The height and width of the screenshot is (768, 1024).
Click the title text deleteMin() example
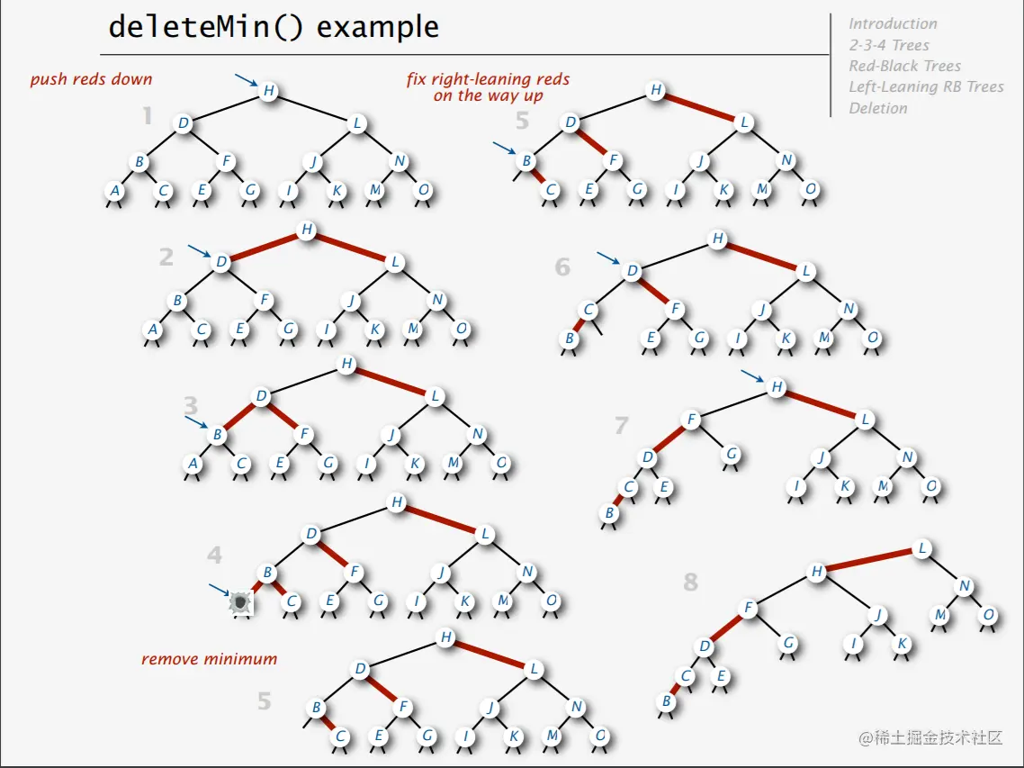[x=273, y=27]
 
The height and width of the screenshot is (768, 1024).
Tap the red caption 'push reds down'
[x=91, y=79]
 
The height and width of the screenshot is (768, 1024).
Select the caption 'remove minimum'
[x=209, y=659]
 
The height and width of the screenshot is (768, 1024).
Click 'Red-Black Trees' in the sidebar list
[x=904, y=66]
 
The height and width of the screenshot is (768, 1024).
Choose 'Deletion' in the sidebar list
[x=877, y=108]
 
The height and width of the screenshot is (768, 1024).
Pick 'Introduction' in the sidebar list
[x=893, y=24]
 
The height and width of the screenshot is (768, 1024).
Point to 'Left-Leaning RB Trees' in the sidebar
[x=926, y=87]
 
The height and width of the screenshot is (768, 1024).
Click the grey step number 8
[x=690, y=582]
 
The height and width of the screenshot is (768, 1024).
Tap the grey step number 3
[x=190, y=404]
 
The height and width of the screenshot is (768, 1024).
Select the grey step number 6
[x=562, y=267]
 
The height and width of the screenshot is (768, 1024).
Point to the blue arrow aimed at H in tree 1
[x=245, y=82]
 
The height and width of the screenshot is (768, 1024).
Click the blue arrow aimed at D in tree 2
[x=200, y=251]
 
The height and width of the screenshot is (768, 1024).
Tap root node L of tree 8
[x=921, y=548]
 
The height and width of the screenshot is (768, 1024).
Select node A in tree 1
[x=114, y=191]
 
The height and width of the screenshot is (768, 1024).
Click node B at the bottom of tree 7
[x=610, y=513]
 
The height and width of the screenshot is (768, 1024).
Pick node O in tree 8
[x=988, y=615]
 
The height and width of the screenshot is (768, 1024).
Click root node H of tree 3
[x=346, y=364]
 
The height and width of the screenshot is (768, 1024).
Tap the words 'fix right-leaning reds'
[x=488, y=79]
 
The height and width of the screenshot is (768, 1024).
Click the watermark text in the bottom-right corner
[x=930, y=738]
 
